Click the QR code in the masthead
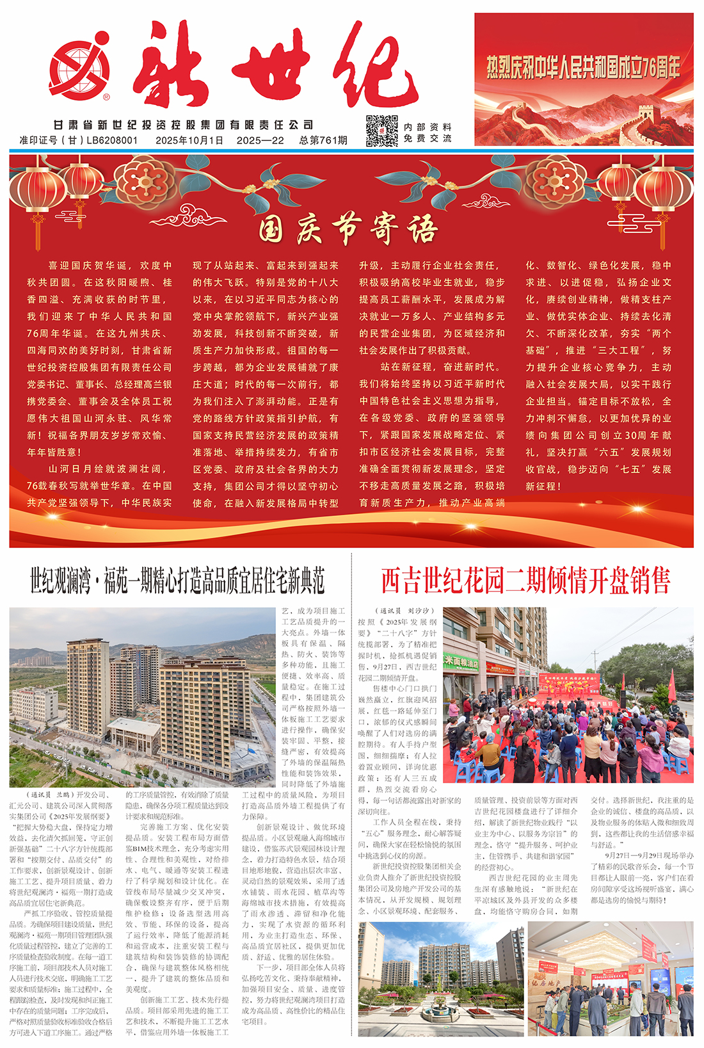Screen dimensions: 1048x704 (381, 131)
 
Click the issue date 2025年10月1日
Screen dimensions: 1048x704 (189, 140)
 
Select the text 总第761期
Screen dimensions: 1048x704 (323, 140)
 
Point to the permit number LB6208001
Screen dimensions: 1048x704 (112, 140)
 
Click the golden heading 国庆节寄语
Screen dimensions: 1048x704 (349, 229)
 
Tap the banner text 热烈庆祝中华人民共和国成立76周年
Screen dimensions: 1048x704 (583, 67)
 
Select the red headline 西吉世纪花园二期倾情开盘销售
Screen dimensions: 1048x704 (525, 581)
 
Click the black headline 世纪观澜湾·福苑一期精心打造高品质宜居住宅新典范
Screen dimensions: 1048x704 (177, 580)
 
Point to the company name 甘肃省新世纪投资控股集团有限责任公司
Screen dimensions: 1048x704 (184, 125)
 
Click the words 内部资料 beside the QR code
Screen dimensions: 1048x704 (428, 127)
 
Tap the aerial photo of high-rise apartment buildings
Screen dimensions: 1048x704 (142, 697)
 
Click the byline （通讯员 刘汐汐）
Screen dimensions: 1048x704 (405, 611)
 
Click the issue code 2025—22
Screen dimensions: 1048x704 (260, 140)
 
